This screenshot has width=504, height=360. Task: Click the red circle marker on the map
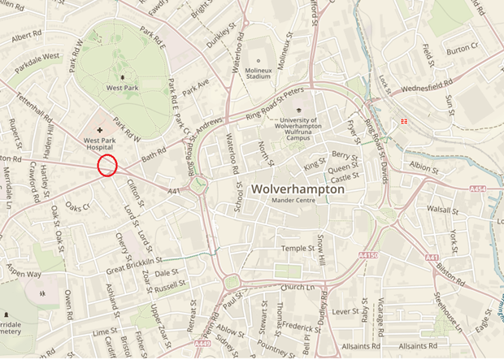coord(107,166)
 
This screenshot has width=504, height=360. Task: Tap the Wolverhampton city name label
coord(298,189)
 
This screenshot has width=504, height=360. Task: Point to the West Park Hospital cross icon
coord(100,130)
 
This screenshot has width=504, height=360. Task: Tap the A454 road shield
coord(478,189)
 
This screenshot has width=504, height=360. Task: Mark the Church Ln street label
coord(298,288)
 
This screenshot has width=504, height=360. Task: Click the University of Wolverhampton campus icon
coord(298,110)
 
